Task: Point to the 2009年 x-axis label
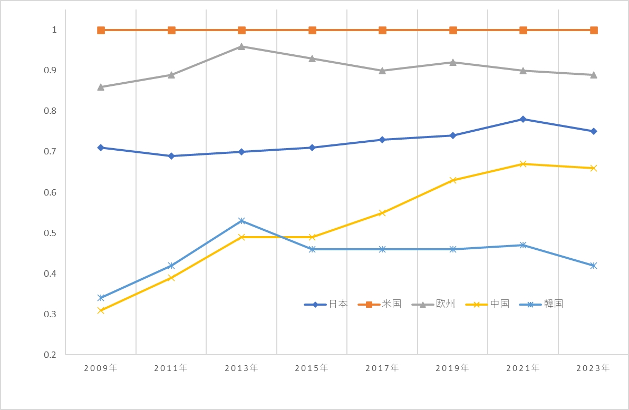[101, 368]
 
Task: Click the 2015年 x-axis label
[312, 368]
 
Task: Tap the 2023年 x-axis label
[594, 368]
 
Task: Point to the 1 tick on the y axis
[54, 30]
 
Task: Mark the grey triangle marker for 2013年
[241, 46]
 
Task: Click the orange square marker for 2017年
[383, 30]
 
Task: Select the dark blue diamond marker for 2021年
[523, 119]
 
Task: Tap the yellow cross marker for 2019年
[453, 180]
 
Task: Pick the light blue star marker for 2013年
[241, 221]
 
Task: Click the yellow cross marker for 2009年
[101, 310]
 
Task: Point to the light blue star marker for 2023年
[594, 266]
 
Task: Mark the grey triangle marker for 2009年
[101, 87]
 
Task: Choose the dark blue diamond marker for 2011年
[171, 156]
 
